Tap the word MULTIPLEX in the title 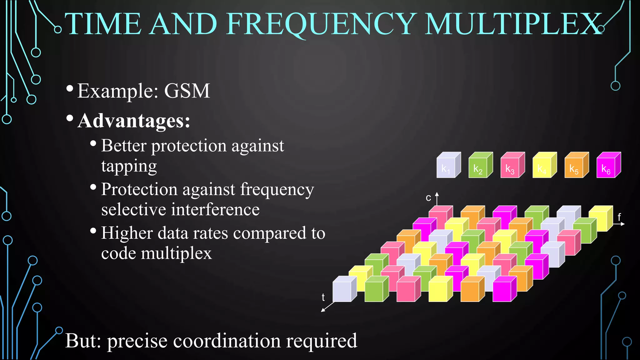click(512, 24)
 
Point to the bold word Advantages click(134, 121)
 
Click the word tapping click(129, 167)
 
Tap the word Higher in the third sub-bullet click(127, 233)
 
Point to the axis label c click(428, 198)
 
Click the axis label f click(619, 217)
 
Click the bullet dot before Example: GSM click(70, 88)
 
